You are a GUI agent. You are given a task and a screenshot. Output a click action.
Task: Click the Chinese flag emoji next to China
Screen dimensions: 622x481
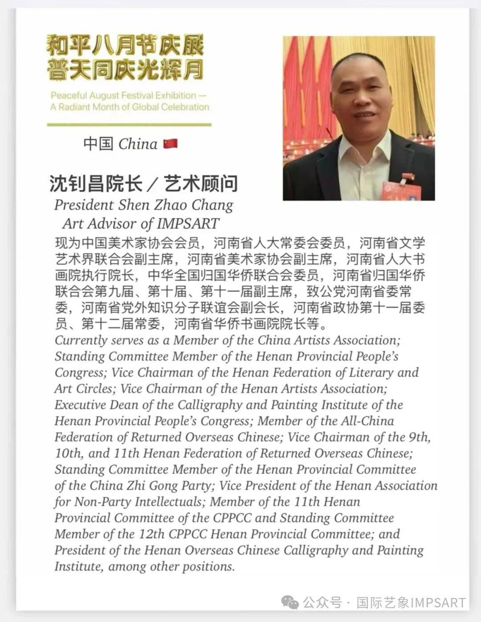pos(170,143)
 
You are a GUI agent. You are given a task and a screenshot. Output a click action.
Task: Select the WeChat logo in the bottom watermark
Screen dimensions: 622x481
pos(289,602)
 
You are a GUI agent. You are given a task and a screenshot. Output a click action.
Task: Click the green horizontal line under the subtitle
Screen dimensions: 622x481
pos(129,125)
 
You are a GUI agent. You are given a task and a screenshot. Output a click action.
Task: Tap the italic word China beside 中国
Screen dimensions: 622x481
pos(138,144)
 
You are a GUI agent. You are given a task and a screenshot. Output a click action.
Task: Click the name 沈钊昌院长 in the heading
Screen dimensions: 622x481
pos(96,183)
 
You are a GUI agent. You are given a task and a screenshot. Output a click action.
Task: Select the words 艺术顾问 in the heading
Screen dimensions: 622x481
pos(201,183)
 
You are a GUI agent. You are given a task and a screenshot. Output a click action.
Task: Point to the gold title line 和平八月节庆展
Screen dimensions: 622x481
pos(125,46)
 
